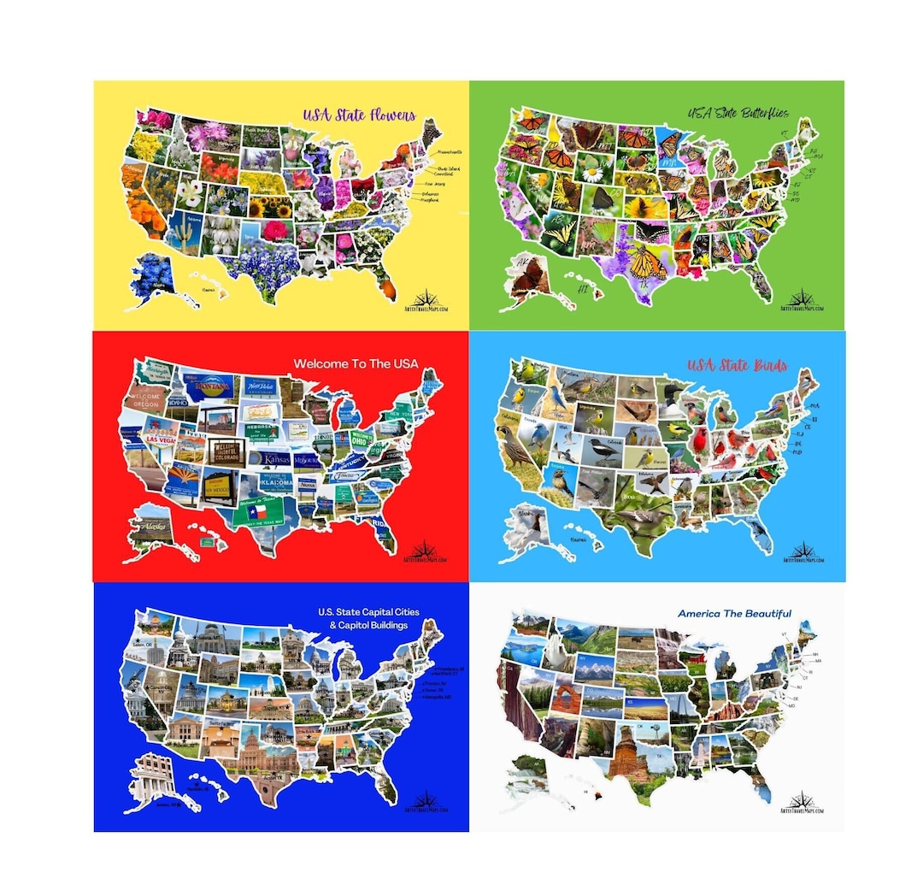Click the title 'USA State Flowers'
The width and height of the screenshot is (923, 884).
(x=359, y=115)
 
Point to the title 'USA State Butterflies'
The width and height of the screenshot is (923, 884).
(x=738, y=113)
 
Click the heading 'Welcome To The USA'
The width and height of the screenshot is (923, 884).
(x=356, y=364)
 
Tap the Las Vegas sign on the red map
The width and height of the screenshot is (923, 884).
(x=162, y=439)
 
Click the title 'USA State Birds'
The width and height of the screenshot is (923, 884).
(x=738, y=366)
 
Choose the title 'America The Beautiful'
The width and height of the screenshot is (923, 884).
(x=734, y=614)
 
